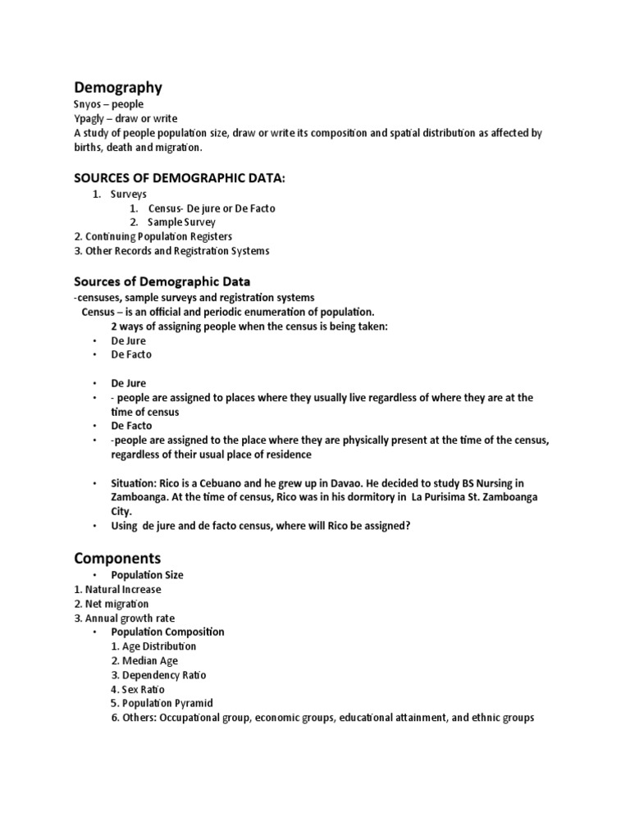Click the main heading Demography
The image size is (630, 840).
[118, 88]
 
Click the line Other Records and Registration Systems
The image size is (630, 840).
[171, 250]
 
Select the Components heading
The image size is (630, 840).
[117, 558]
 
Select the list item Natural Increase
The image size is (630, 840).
[117, 589]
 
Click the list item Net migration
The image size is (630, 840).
[112, 604]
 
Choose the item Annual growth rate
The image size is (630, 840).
[124, 618]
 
